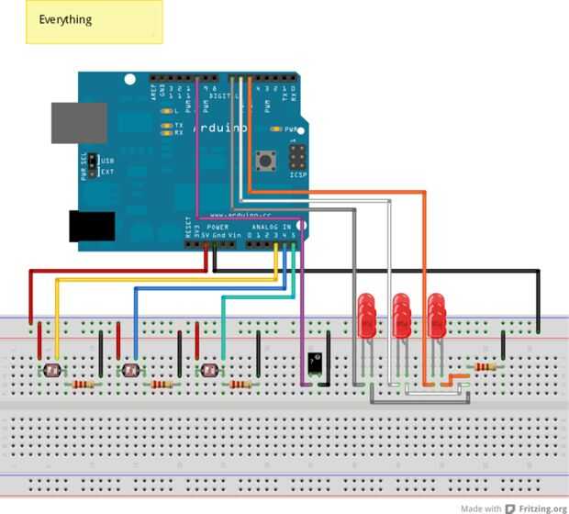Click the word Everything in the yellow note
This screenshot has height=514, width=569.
[65, 19]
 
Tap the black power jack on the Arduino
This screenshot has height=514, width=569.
[92, 226]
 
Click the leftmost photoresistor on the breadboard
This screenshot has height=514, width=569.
[51, 371]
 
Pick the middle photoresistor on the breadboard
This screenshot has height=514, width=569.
[129, 371]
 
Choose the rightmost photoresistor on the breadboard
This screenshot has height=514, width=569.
[208, 371]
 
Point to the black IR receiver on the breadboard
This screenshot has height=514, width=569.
[316, 362]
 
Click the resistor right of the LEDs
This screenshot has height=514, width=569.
[485, 366]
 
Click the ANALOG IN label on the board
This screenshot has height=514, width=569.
[274, 226]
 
